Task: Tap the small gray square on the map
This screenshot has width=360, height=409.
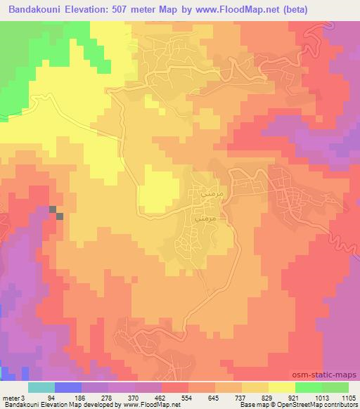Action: pyautogui.click(x=59, y=216)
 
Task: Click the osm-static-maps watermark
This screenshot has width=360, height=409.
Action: pyautogui.click(x=330, y=376)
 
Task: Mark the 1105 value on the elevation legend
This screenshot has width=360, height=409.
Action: pyautogui.click(x=347, y=398)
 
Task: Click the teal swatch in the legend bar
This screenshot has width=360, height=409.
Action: pyautogui.click(x=41, y=387)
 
